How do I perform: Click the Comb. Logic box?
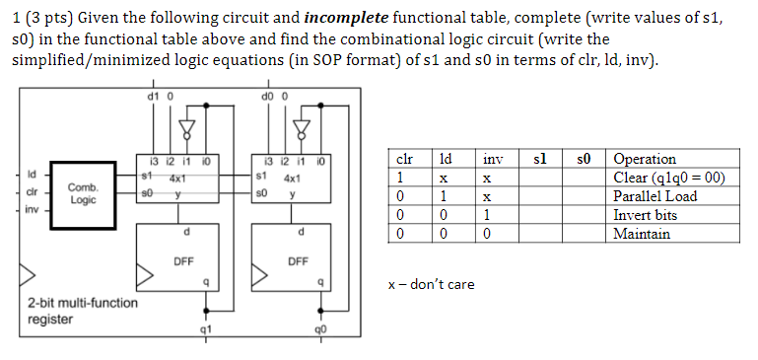(82, 192)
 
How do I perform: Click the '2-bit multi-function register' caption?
(83, 310)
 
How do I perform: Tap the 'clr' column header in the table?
(403, 159)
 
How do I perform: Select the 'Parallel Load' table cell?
(655, 196)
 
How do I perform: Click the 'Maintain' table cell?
(641, 234)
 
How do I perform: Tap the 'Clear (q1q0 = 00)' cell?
(669, 178)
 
